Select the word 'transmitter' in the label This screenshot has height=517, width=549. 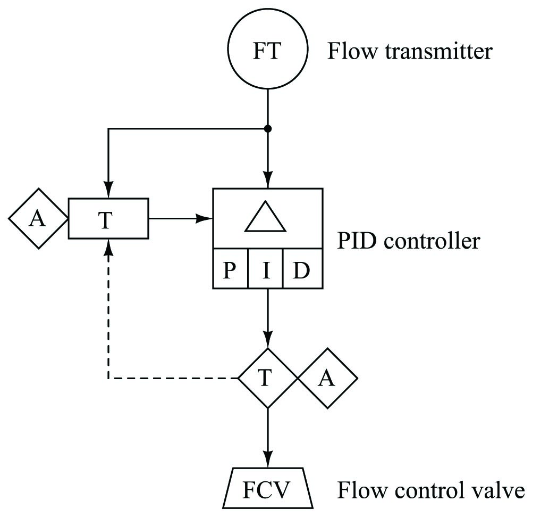[439, 51]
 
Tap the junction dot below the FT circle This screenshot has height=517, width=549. [268, 129]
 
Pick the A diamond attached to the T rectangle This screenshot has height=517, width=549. [38, 218]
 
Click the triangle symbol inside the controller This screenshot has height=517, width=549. [265, 216]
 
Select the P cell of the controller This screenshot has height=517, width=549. [230, 268]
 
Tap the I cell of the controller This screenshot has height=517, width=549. [265, 268]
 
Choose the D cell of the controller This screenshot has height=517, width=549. [302, 268]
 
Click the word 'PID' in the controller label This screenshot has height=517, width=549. [358, 241]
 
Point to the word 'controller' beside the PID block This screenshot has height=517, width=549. [432, 241]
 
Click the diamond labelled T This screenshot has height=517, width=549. [268, 378]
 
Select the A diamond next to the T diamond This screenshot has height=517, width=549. [328, 378]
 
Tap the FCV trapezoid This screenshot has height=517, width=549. [268, 488]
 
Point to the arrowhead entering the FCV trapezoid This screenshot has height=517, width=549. [268, 460]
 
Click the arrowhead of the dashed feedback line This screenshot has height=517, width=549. [108, 247]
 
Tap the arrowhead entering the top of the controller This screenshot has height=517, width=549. [268, 180]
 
